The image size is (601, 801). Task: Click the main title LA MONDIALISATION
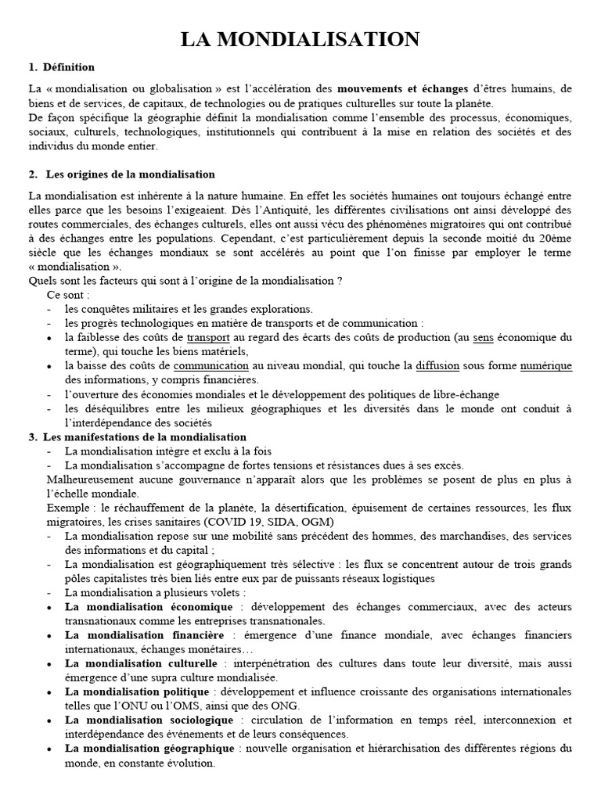coord(301,39)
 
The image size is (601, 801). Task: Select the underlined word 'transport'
coord(207,337)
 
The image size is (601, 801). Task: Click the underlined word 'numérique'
coord(545,365)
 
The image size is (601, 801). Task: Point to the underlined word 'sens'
coord(483,337)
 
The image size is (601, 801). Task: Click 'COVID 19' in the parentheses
coord(229,521)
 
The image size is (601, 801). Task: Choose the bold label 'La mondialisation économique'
coord(149,606)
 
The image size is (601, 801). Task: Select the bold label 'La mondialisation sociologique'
coord(149,719)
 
